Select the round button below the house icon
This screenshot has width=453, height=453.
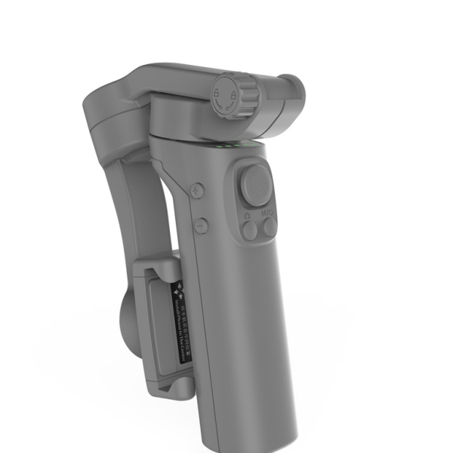click(x=250, y=230)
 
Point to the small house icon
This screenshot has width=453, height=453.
click(x=248, y=214)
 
